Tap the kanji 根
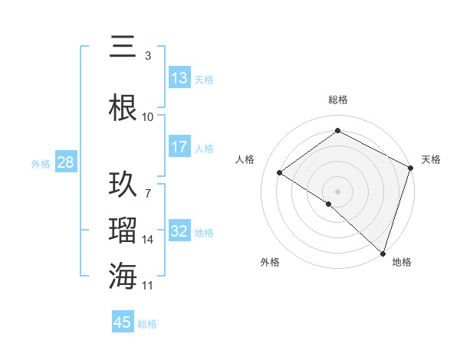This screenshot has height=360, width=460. (123, 107)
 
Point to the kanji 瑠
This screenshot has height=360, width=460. (123, 231)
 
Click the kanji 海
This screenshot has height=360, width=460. (123, 276)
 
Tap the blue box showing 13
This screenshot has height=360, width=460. (179, 79)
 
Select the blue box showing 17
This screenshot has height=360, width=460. (179, 148)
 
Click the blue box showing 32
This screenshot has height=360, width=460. (179, 232)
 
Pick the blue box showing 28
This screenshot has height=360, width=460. (65, 163)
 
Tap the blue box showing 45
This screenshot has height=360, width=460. (123, 322)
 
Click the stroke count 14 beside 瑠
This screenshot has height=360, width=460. (148, 240)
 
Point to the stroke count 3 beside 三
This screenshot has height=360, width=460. (148, 56)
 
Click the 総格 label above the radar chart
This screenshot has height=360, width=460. (338, 100)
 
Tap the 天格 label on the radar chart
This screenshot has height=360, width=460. (431, 159)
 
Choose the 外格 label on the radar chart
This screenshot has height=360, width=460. (270, 262)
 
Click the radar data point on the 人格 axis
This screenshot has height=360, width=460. (280, 172)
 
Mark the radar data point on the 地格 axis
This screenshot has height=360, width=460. (383, 252)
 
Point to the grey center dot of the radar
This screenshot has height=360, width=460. (337, 191)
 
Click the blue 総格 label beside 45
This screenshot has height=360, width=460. (147, 324)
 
